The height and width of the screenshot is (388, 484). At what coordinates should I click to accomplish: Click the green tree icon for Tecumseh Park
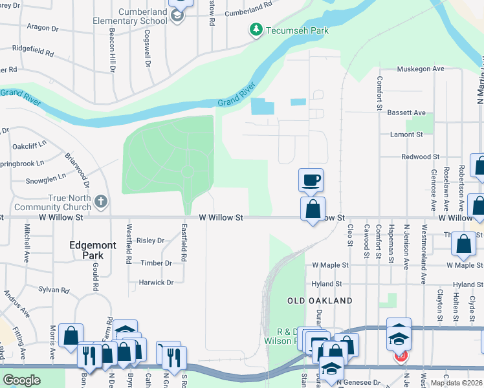point(256,30)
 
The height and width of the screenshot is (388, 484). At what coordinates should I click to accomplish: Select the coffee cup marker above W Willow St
point(311,180)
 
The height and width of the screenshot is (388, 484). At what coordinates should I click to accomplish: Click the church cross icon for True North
point(100,202)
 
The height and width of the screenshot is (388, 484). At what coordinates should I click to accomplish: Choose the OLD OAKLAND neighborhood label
point(320,301)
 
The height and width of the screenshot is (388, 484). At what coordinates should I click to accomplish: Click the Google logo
point(21,380)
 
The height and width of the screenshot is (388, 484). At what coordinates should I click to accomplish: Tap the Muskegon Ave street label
point(420,69)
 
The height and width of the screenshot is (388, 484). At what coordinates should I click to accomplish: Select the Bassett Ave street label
point(406,113)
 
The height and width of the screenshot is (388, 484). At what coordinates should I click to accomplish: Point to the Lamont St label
point(406,135)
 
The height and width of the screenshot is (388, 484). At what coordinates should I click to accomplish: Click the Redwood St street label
point(420,156)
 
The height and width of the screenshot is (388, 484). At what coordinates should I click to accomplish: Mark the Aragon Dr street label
point(42,28)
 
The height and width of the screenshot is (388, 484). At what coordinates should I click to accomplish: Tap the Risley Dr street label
point(151,241)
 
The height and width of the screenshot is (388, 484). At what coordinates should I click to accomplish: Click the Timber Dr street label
point(156,263)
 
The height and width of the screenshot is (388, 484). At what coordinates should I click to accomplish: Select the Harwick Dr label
point(156,283)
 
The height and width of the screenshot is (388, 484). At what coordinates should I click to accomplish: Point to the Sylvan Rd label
point(53,290)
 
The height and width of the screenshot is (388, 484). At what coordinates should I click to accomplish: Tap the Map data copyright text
point(456,383)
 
